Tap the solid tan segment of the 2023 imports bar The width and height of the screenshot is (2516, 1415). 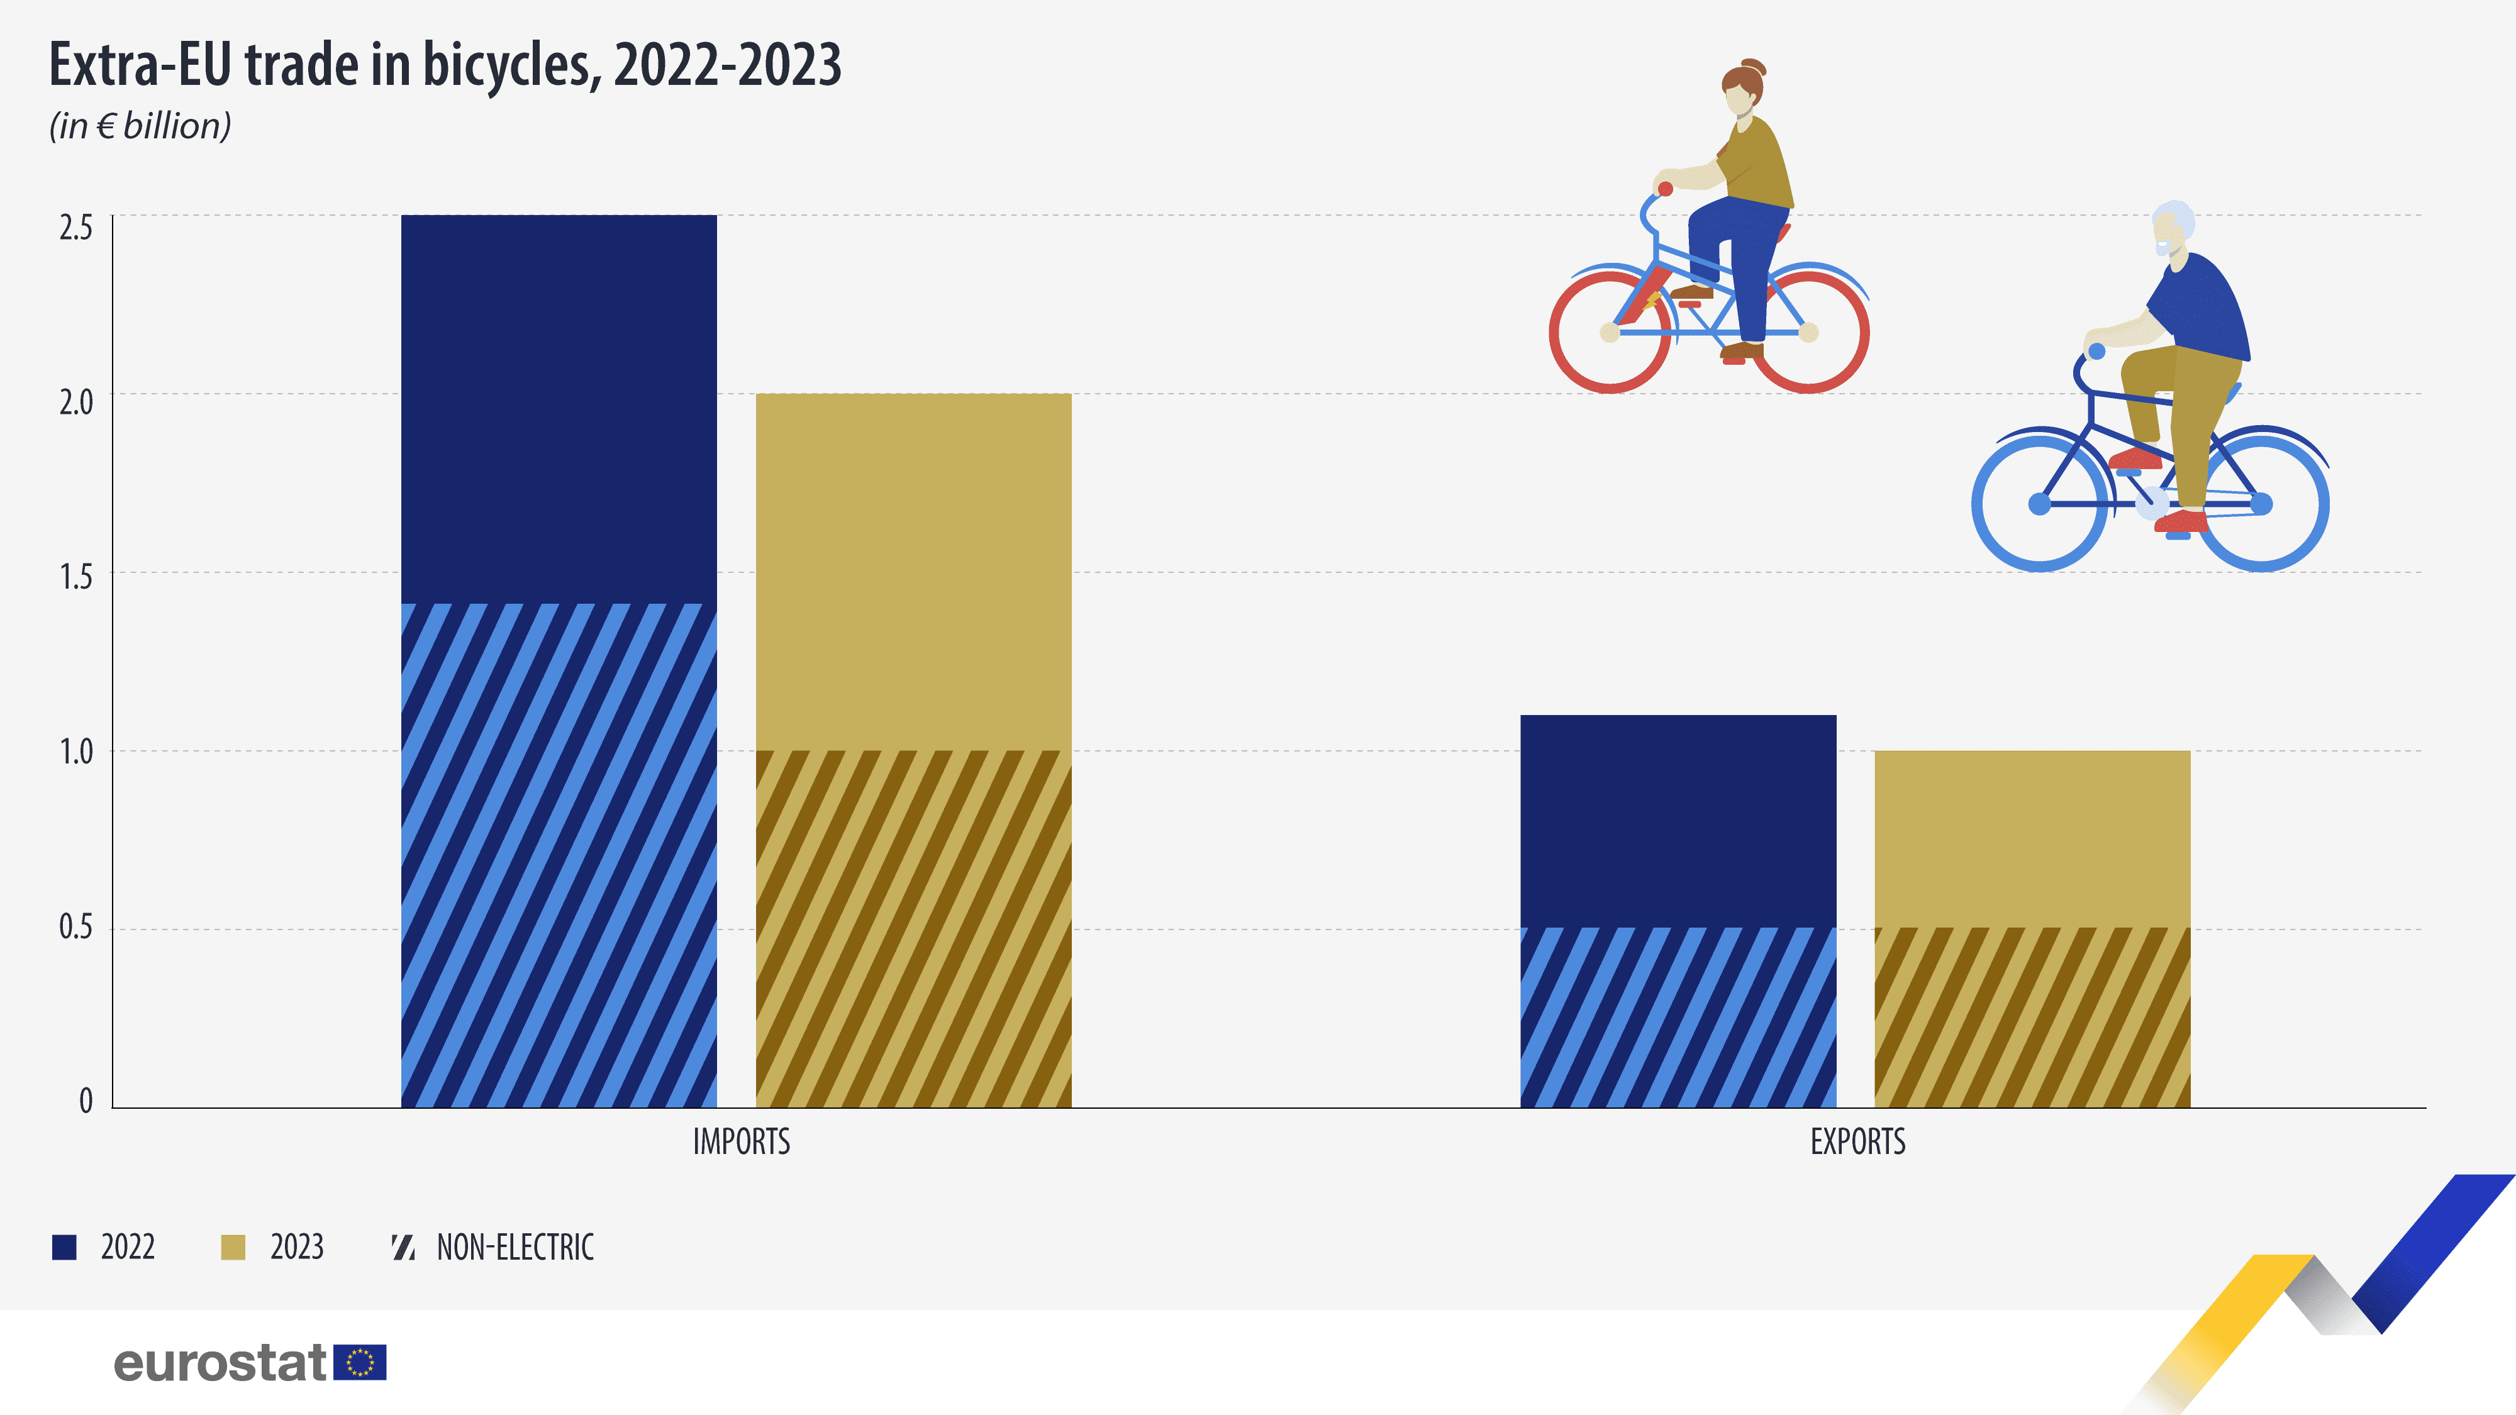tap(913, 571)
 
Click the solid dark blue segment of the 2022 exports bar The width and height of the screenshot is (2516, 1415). tap(1678, 820)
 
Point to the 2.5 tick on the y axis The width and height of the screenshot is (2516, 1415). tap(76, 228)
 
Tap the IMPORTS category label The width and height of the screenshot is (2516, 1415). tap(742, 1141)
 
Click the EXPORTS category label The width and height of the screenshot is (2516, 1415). tap(1857, 1141)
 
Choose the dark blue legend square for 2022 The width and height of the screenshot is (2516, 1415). tap(64, 1247)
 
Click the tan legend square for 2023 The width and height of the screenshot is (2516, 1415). tap(233, 1247)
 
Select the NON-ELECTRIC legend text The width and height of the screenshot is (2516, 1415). tap(515, 1247)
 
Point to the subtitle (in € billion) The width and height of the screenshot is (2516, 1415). tap(140, 126)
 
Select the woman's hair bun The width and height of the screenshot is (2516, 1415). tap(1753, 67)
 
